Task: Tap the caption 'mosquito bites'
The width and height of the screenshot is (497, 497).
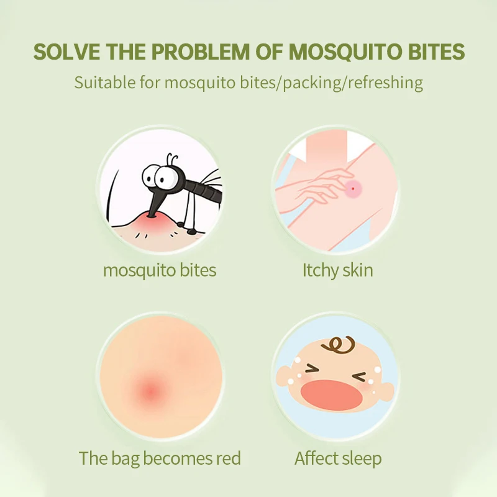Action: (160, 271)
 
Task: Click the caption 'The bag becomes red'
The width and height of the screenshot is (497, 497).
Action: (160, 459)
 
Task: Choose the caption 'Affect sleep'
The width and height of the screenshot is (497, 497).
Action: (337, 459)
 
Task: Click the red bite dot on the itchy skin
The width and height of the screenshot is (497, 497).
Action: (353, 187)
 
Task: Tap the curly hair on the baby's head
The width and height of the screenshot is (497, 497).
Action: (340, 345)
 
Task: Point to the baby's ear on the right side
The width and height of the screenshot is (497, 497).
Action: (385, 390)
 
